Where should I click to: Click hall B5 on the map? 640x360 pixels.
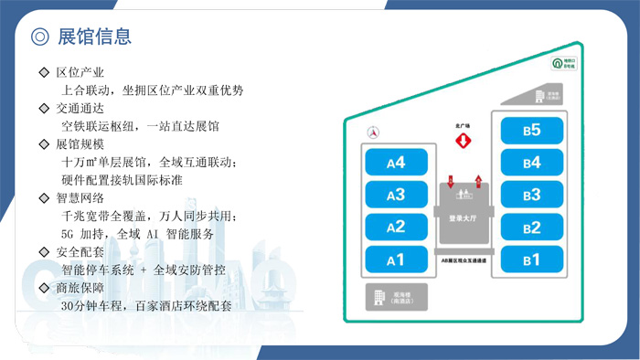pos(531,131)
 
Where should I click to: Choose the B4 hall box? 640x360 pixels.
pos(531,163)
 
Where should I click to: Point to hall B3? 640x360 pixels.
pos(531,195)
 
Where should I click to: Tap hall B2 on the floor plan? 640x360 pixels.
pos(531,228)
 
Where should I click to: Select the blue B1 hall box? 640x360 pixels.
pos(531,260)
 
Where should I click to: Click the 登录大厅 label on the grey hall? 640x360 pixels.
pos(464,219)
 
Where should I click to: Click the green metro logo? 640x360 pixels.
pos(556,63)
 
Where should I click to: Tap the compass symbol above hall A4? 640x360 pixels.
pos(372,132)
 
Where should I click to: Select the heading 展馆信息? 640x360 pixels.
pos(94,37)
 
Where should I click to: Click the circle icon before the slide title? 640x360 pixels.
pos(39,37)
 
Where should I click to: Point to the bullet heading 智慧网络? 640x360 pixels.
pos(80,198)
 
